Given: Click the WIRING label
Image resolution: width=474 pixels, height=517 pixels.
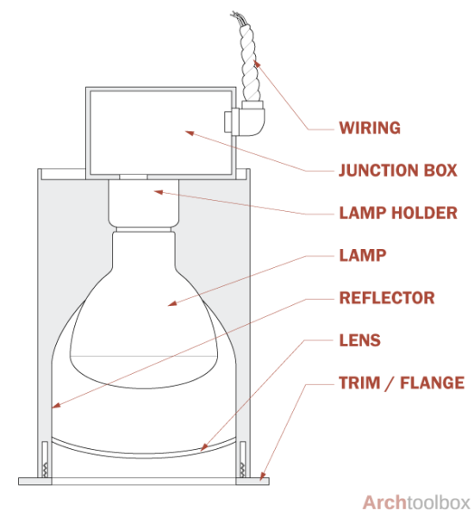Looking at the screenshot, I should [x=370, y=128].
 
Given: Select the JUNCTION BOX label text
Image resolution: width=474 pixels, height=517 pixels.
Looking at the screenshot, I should [x=397, y=171].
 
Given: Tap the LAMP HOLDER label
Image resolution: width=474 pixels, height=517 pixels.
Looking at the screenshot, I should [x=397, y=213].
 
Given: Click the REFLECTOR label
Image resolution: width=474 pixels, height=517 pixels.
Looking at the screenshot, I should [x=387, y=298].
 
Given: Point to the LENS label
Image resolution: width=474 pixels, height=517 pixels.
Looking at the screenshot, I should [x=360, y=340].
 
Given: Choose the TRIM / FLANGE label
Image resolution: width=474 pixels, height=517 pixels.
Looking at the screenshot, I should [x=402, y=383].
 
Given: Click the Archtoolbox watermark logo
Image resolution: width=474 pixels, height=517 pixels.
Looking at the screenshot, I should [x=416, y=502].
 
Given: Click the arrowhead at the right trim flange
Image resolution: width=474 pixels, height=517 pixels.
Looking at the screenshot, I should [x=264, y=477].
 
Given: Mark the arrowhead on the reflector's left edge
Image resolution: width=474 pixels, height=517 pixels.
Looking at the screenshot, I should [x=54, y=406].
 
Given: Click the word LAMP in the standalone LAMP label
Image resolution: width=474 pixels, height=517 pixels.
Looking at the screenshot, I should [x=363, y=256].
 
